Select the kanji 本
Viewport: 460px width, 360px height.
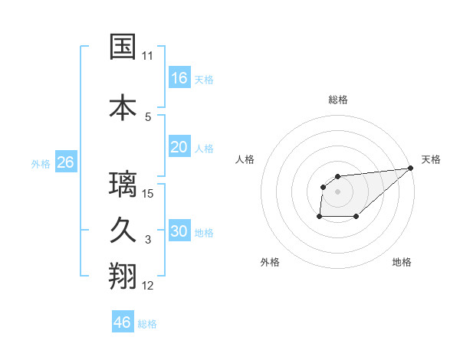(123, 107)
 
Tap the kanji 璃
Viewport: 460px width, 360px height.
(123, 185)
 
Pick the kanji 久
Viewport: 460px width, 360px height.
(123, 231)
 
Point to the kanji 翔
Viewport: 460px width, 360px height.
(123, 277)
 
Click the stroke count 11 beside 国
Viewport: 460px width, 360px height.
(147, 56)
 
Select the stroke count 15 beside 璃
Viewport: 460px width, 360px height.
(148, 193)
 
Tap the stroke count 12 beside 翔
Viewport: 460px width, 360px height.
(148, 286)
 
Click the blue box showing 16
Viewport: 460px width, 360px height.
(179, 77)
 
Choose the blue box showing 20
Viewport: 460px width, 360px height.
(179, 147)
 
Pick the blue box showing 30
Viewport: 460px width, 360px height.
(179, 231)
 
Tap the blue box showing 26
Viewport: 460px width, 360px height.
(65, 162)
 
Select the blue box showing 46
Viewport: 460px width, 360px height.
(123, 322)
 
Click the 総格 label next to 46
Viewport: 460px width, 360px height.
(147, 324)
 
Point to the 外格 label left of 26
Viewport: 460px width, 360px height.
(41, 163)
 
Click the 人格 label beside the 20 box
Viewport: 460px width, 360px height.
(204, 149)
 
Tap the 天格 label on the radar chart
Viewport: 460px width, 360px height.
(431, 159)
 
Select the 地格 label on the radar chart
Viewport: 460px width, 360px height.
(402, 262)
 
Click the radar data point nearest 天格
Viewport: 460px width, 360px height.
(410, 168)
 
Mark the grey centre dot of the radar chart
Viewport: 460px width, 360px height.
(337, 191)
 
